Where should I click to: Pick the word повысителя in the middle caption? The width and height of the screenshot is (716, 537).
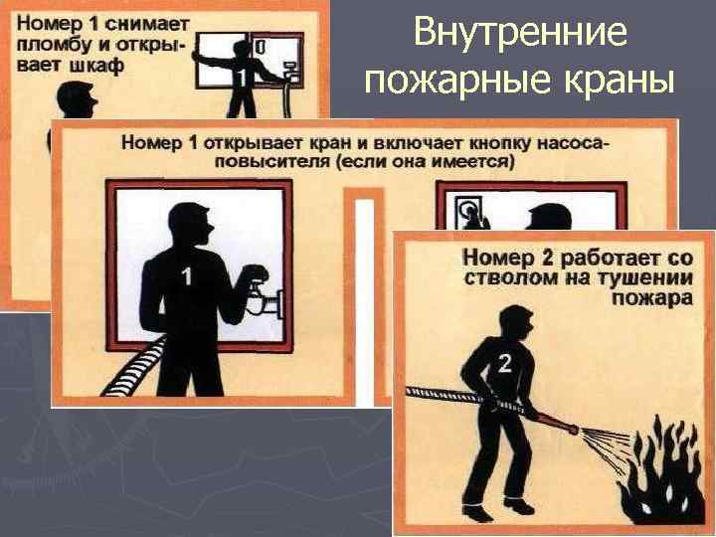[273, 162]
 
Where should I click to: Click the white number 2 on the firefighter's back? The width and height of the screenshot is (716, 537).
[504, 364]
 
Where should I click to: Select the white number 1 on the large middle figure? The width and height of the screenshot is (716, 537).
[186, 276]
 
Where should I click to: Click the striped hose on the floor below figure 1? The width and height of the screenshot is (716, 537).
[133, 368]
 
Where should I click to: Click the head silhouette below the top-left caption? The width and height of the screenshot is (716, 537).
[77, 99]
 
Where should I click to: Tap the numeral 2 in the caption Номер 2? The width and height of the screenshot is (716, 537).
[541, 258]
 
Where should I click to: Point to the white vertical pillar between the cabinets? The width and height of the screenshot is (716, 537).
[364, 302]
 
